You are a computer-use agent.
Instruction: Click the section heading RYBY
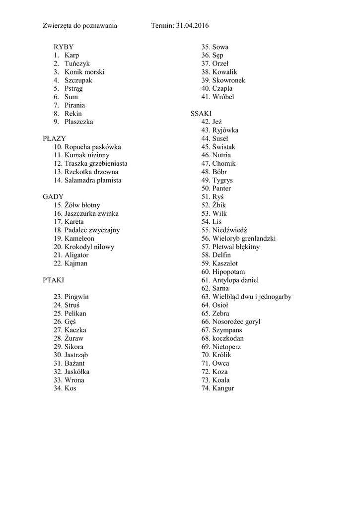(x=64, y=47)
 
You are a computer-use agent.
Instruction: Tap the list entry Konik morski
(x=84, y=72)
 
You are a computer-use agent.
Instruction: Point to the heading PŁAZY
(x=55, y=138)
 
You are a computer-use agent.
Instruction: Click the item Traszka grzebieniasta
(x=96, y=164)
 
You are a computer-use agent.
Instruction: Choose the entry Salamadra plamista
(x=93, y=180)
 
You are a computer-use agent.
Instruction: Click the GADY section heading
(x=54, y=197)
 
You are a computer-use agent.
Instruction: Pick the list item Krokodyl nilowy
(x=89, y=247)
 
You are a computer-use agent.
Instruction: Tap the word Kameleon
(x=79, y=239)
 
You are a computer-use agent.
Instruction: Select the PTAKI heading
(x=54, y=280)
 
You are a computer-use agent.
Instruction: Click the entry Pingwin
(x=76, y=297)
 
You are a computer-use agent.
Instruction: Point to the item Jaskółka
(x=77, y=372)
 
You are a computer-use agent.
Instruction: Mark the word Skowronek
(x=228, y=80)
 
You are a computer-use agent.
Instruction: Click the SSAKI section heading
(x=201, y=114)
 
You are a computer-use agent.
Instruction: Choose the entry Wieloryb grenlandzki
(x=244, y=239)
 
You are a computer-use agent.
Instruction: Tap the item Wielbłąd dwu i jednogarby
(x=252, y=297)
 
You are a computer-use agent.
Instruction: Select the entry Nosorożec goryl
(x=236, y=321)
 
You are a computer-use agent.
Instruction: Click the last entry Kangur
(x=223, y=388)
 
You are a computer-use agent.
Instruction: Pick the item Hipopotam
(x=228, y=272)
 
